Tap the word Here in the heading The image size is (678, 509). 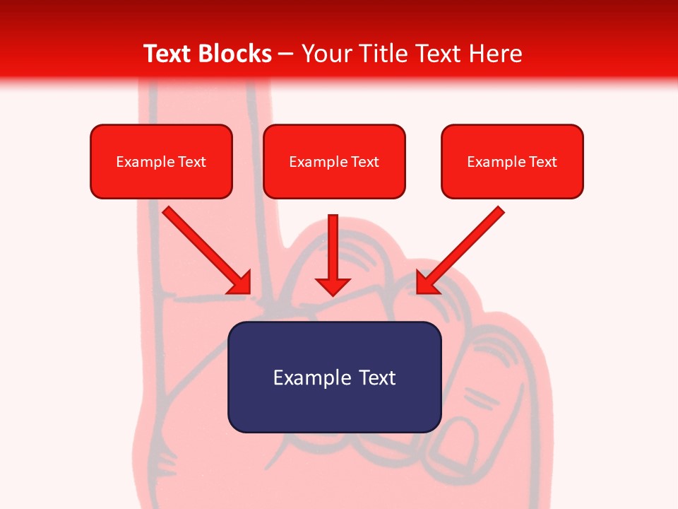494,54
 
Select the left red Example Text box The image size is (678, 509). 161,161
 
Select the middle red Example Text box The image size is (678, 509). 334,161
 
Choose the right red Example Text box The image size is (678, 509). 512,161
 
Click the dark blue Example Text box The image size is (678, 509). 334,377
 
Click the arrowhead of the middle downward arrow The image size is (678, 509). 333,286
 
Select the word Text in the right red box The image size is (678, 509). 543,162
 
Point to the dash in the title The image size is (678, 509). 286,54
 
